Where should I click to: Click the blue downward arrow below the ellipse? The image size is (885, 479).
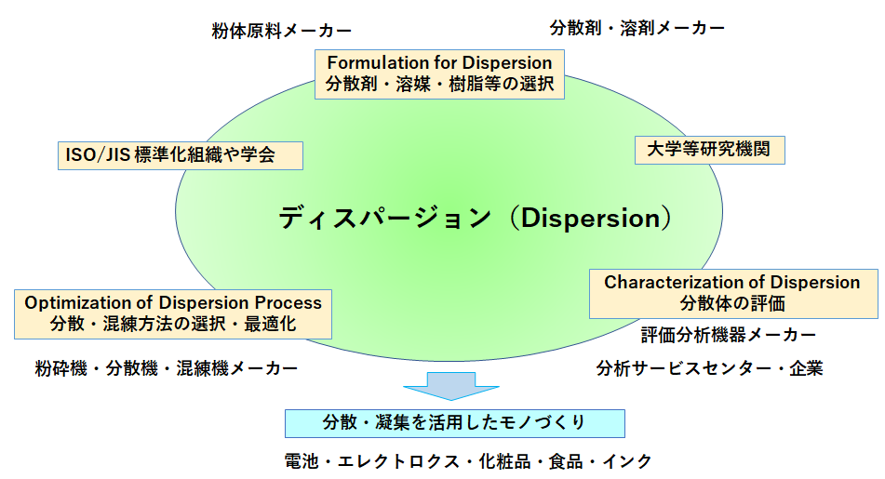[451, 386]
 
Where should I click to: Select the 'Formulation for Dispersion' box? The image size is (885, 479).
[439, 74]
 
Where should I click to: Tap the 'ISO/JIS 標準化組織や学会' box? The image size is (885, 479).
[181, 155]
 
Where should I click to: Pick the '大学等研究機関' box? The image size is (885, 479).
[709, 150]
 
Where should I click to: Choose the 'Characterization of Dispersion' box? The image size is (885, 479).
[733, 294]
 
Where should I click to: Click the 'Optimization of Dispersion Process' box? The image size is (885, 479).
[173, 314]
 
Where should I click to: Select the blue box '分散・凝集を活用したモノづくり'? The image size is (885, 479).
[455, 424]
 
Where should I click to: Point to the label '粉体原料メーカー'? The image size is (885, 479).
[282, 31]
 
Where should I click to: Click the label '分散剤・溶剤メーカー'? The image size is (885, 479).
[637, 28]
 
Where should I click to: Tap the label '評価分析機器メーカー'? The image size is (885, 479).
[729, 335]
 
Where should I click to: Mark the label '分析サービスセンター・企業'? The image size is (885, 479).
[709, 368]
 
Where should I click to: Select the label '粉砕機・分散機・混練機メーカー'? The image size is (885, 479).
[167, 368]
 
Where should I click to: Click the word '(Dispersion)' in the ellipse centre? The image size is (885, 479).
[590, 219]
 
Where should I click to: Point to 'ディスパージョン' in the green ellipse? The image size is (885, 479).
[385, 219]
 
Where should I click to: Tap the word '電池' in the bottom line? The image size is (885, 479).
[302, 461]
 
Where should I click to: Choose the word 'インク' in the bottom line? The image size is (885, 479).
[627, 461]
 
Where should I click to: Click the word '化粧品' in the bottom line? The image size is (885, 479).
[504, 461]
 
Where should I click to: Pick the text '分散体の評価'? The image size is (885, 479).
[732, 303]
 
